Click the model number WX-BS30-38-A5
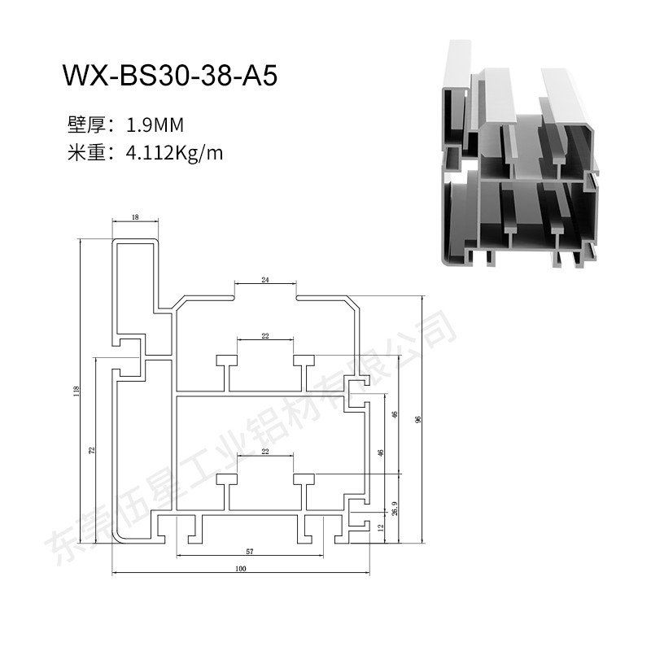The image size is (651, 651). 169,76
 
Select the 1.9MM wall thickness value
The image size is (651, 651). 155,125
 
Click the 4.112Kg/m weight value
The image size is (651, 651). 174,153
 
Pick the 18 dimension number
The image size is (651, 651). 135,216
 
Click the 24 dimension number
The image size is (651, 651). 265,280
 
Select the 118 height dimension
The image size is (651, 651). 76,391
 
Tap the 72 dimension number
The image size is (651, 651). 92,450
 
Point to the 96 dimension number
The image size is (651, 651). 418,419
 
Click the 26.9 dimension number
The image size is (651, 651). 395,509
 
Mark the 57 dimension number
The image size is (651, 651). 250,552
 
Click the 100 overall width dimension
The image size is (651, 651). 241,568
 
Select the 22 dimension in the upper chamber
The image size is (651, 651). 265,336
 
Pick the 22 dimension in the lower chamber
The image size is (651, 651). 265,452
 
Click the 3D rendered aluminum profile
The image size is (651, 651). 520,155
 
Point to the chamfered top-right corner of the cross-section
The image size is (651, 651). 353,302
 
